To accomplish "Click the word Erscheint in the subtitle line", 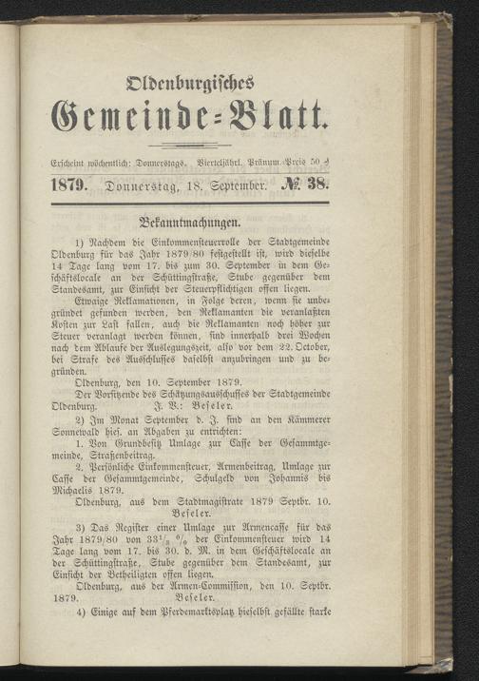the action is coord(72,165).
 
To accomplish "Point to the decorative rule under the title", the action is coord(191,145).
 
